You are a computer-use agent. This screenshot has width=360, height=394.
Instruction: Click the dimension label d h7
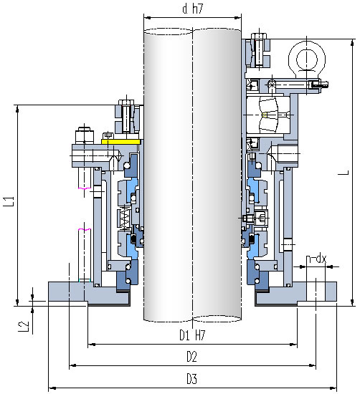click(192, 9)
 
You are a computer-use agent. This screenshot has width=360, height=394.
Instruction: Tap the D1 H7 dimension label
click(192, 335)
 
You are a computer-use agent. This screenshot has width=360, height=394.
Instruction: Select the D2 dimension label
click(191, 357)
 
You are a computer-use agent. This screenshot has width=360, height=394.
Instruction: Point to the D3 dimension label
click(191, 379)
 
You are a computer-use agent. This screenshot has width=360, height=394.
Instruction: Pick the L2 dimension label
click(24, 327)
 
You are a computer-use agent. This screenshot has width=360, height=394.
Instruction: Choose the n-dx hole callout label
click(316, 259)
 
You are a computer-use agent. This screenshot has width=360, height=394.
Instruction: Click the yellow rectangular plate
click(120, 142)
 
